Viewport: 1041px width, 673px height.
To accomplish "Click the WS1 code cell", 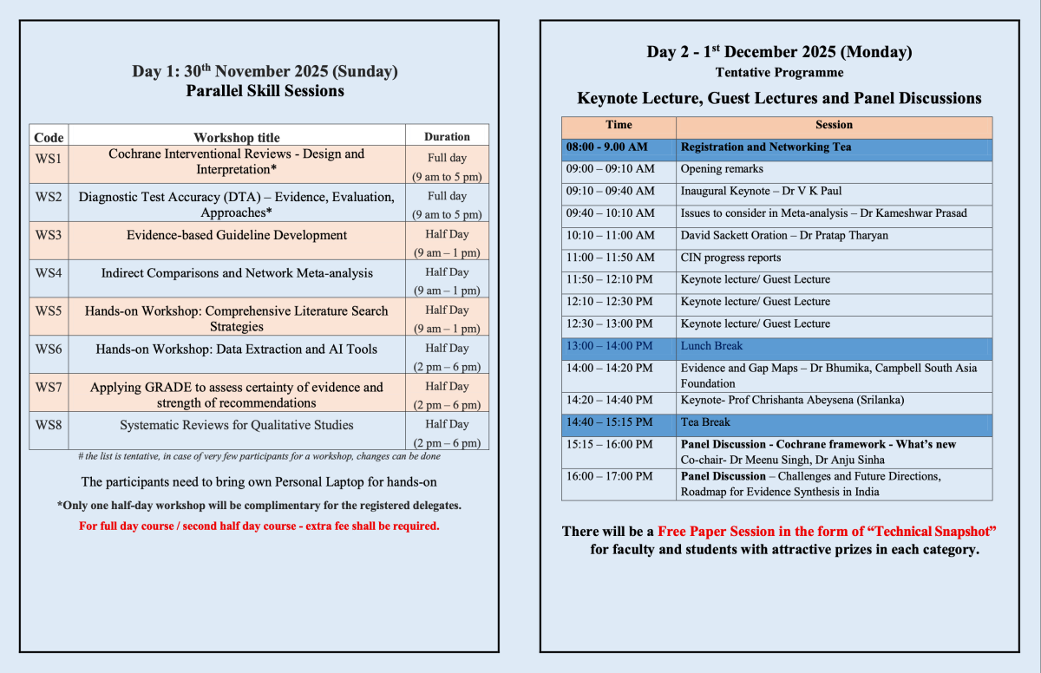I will [x=49, y=154].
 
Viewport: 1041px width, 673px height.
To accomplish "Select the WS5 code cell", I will [x=49, y=310].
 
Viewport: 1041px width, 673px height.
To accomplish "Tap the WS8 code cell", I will [x=49, y=425].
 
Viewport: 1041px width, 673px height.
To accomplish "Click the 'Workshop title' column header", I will [x=237, y=137].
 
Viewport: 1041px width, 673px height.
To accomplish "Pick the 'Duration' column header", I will [x=447, y=137].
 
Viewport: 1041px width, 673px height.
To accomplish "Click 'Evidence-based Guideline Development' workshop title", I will [x=237, y=235].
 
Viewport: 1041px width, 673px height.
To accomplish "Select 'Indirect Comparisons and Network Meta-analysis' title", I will [x=237, y=273].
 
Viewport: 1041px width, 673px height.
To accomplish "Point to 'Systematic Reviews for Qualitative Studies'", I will [x=237, y=425].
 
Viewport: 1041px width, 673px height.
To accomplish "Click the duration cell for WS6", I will [x=447, y=356].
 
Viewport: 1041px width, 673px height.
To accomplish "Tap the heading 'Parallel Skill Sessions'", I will [x=265, y=91].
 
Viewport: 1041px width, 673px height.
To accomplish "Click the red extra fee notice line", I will [x=259, y=526].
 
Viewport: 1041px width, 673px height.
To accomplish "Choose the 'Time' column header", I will [x=619, y=125].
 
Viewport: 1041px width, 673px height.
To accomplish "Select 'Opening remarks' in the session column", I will [x=722, y=169].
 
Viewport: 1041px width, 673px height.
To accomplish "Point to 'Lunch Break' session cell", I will [x=711, y=346].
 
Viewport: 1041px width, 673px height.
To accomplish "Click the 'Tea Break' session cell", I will [x=705, y=422].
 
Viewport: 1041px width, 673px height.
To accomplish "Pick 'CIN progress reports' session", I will [x=730, y=258].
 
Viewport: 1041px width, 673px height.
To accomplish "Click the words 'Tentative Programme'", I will [x=779, y=73].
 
